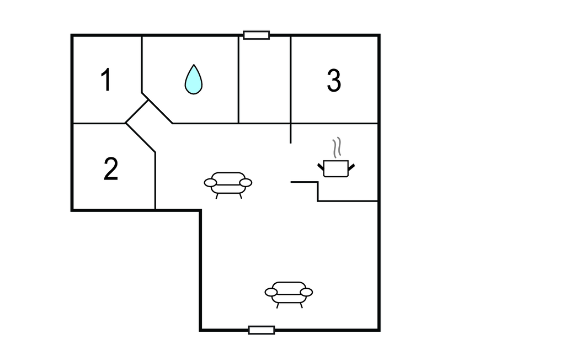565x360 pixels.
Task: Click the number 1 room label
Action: click(x=105, y=80)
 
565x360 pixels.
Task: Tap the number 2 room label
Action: click(x=110, y=169)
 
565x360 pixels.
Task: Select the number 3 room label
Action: click(x=334, y=81)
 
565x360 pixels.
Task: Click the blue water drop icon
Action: click(x=194, y=80)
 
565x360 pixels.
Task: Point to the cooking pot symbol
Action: click(x=336, y=168)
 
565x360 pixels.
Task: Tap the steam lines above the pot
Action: click(x=337, y=147)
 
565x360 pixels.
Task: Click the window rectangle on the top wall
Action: click(x=256, y=35)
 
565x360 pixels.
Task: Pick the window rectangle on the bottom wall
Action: click(x=262, y=330)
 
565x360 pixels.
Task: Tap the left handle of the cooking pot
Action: click(x=321, y=167)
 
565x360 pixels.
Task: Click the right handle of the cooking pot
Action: click(x=351, y=167)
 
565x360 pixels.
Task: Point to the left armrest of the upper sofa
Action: click(x=210, y=183)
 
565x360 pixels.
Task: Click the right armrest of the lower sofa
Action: click(x=307, y=292)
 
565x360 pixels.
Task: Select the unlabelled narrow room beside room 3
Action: click(x=264, y=80)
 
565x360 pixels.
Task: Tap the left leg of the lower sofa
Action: click(x=278, y=305)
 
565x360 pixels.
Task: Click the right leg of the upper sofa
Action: click(x=241, y=196)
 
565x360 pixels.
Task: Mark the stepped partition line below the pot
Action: click(x=318, y=192)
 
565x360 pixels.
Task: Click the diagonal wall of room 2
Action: click(x=141, y=138)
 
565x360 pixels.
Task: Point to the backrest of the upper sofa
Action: click(x=228, y=177)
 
